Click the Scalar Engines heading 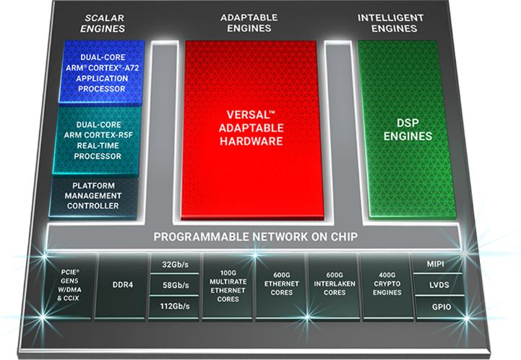click(x=103, y=23)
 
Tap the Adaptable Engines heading click(x=249, y=23)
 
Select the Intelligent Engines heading click(x=391, y=23)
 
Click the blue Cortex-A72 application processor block click(x=102, y=72)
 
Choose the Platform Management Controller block click(x=93, y=197)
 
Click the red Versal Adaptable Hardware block click(x=251, y=129)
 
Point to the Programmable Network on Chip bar click(x=255, y=236)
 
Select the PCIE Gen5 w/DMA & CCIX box click(x=69, y=286)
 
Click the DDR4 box click(x=122, y=286)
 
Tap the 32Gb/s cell click(x=175, y=264)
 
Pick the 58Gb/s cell click(x=175, y=285)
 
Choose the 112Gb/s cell click(x=174, y=307)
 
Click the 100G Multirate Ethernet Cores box click(x=228, y=286)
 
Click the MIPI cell click(x=436, y=264)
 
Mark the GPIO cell click(x=441, y=307)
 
